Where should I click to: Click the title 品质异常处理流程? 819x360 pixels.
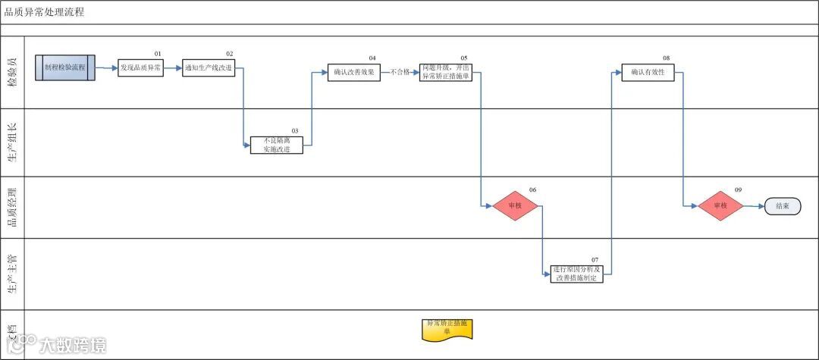tap(44, 12)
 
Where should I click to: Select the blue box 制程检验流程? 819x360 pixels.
tap(64, 67)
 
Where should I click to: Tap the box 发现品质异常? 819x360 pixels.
tap(140, 68)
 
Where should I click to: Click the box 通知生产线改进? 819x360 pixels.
tap(209, 68)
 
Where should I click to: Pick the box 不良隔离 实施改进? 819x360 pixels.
tap(277, 145)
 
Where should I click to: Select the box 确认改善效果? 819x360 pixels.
tap(354, 73)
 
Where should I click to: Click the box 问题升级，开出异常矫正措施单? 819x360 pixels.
tap(446, 73)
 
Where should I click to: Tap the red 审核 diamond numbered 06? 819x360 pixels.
tap(515, 205)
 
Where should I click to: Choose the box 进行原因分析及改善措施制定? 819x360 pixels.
tap(576, 274)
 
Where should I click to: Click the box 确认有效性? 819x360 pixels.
tap(648, 73)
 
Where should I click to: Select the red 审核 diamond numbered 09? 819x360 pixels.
tap(720, 205)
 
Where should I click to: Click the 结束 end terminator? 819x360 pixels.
tap(783, 205)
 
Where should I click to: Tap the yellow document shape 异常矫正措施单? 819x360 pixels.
tap(447, 327)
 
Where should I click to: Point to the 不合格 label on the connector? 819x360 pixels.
tap(400, 73)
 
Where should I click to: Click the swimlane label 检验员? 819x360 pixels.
tap(12, 72)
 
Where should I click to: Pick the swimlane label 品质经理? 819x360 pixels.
tap(12, 207)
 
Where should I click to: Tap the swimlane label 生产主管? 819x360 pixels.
tap(12, 274)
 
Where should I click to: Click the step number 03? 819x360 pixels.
tap(295, 130)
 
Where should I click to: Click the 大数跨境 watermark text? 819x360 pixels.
tap(73, 346)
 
